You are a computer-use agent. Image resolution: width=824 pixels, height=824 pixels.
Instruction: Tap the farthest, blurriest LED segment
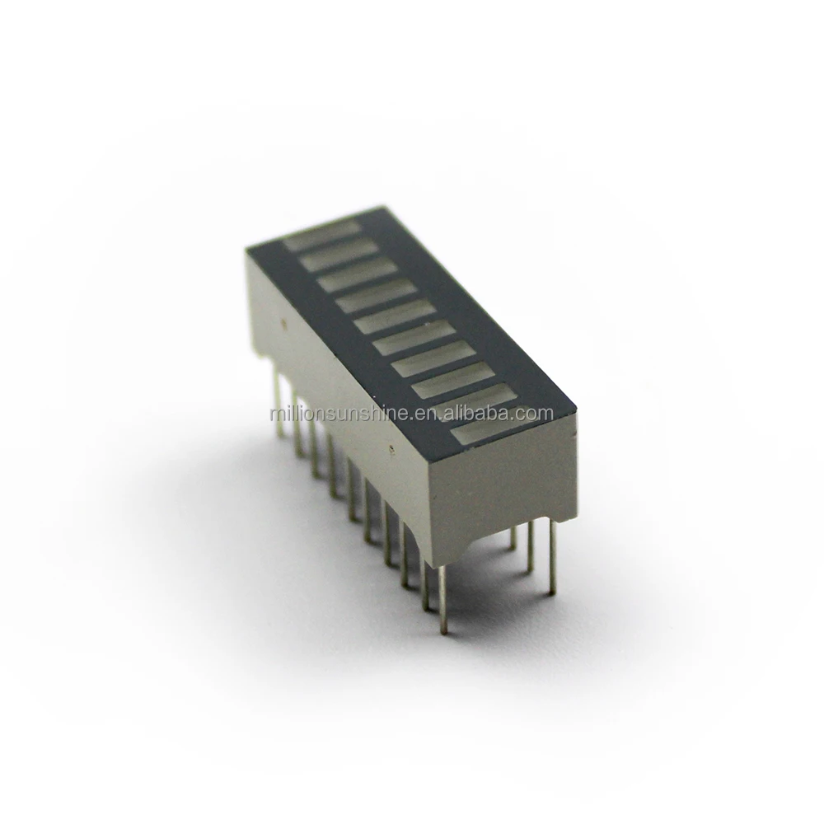coord(321,232)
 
